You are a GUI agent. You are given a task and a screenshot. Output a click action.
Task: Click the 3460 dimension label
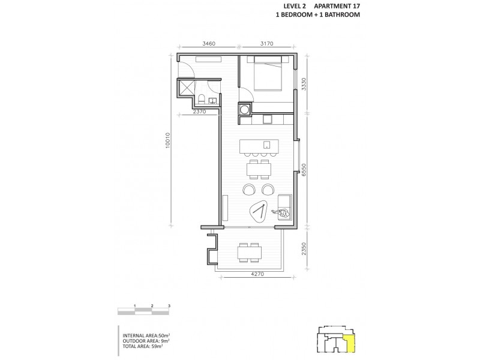(x=208, y=44)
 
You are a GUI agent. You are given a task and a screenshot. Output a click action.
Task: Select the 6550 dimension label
(x=305, y=170)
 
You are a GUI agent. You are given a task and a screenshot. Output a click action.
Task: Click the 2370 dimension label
(x=200, y=112)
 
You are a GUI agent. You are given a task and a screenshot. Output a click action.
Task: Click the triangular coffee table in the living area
(x=260, y=211)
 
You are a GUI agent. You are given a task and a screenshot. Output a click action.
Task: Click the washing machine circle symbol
(x=245, y=109)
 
